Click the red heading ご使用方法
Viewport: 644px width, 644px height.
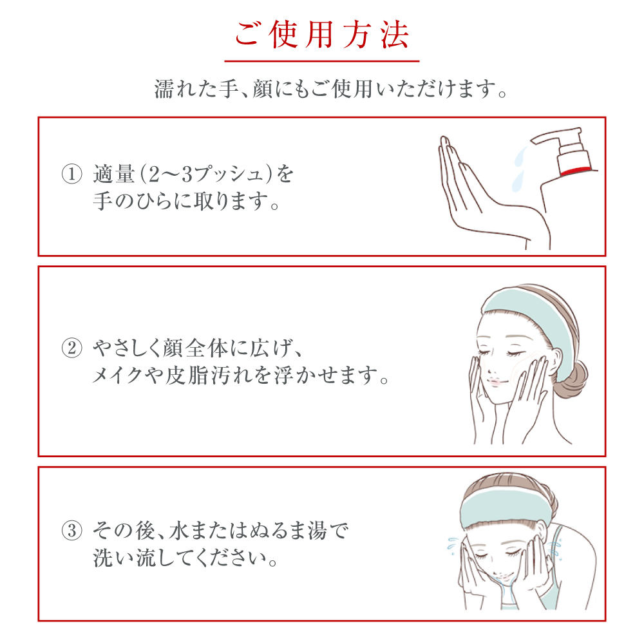(x=321, y=35)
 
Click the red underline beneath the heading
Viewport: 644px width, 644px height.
(x=321, y=61)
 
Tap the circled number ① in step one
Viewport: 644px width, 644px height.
(x=72, y=174)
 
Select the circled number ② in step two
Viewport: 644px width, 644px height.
(x=72, y=348)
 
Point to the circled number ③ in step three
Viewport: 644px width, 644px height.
(x=72, y=530)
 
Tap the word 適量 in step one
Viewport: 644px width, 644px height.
(x=114, y=174)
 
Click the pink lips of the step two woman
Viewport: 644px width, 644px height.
(x=495, y=383)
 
